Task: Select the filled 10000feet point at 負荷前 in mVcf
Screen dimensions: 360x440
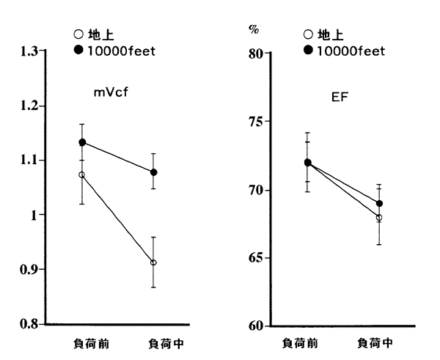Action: point(82,142)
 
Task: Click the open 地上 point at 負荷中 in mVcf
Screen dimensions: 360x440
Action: point(153,262)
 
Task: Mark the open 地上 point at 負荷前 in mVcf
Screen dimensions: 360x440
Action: point(82,175)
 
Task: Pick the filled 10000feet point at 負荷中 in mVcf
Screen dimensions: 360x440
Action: point(153,172)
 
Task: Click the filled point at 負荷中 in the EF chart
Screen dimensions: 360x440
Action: point(379,203)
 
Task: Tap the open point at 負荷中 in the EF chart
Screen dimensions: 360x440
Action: point(379,218)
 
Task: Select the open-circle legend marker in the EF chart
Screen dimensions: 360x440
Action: point(308,34)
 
